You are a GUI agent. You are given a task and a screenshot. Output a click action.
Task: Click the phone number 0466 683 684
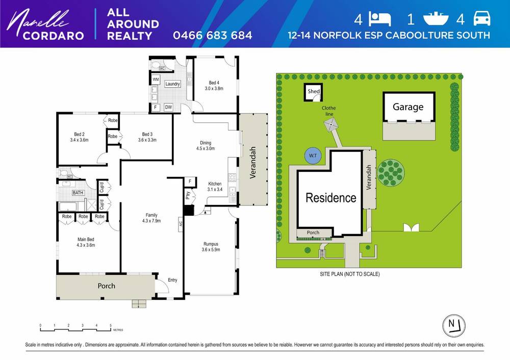click(212, 35)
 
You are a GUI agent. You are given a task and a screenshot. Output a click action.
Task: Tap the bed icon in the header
click(380, 19)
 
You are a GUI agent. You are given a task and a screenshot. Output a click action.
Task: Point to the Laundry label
click(172, 84)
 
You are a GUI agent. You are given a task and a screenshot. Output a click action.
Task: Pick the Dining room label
click(206, 146)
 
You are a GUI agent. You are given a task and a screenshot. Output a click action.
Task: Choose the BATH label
click(78, 193)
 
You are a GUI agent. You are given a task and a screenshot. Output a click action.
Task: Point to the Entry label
click(172, 280)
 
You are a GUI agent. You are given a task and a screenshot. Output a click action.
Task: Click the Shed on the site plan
click(313, 92)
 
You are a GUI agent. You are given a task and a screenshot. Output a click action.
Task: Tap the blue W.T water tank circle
click(311, 156)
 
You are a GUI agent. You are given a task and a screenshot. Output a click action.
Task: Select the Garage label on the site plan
click(407, 107)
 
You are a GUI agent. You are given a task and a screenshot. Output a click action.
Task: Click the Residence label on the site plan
click(330, 198)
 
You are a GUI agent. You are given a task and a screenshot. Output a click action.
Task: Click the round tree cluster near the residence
click(390, 168)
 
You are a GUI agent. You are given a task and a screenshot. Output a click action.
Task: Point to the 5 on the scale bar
click(111, 325)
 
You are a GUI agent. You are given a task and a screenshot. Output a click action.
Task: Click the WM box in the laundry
click(156, 80)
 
